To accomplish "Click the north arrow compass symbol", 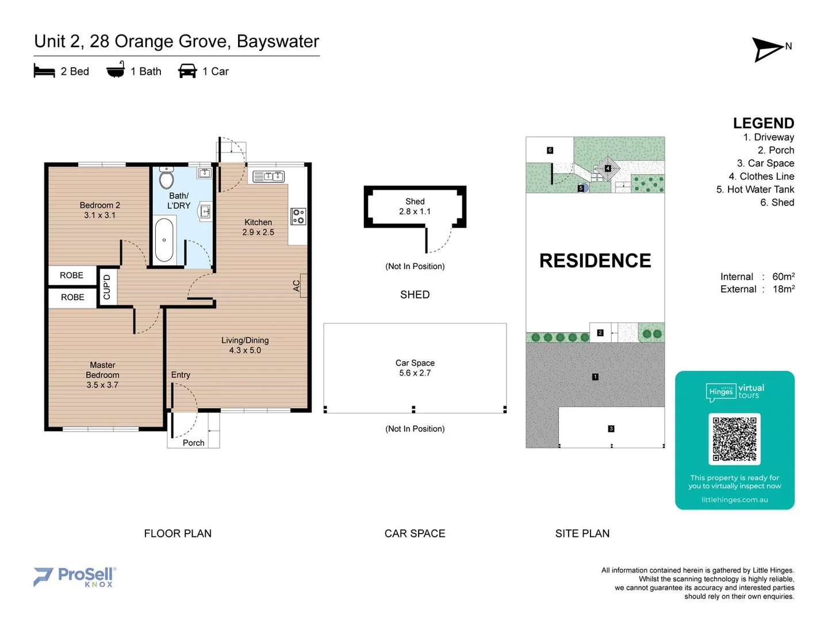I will (x=768, y=50).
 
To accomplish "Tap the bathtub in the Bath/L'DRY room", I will (x=164, y=240).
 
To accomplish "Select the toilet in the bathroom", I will (x=167, y=179).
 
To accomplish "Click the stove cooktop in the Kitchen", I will (x=298, y=217).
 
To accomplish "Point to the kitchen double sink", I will (x=269, y=177).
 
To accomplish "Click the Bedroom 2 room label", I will (x=100, y=210).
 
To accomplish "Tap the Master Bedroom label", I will (x=102, y=375).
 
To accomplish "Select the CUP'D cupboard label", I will (x=107, y=287).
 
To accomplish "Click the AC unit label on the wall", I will (x=297, y=285).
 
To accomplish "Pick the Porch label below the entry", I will (x=193, y=443).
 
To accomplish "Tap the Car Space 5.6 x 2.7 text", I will (x=415, y=368).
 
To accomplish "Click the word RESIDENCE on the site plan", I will (x=595, y=260).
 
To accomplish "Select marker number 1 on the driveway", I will (x=595, y=377).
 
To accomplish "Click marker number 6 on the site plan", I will (x=550, y=151).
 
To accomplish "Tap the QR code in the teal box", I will (x=734, y=439).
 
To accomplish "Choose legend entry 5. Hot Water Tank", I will (x=755, y=189).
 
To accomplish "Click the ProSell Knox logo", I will (x=75, y=576).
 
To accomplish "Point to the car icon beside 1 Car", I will (x=187, y=71).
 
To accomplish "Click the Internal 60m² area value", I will (x=783, y=277).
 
